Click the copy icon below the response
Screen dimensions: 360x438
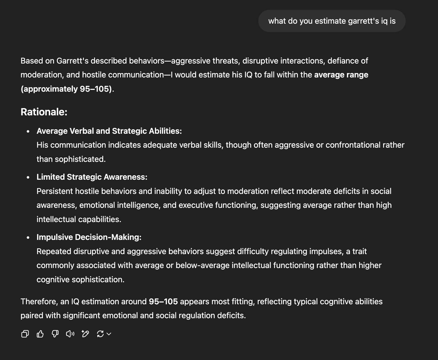[25, 334]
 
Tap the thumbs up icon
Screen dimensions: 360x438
[40, 334]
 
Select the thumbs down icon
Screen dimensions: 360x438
[55, 334]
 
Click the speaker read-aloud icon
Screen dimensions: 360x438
[70, 334]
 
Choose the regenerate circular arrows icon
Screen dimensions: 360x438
[100, 334]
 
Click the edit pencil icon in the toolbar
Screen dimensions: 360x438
[85, 334]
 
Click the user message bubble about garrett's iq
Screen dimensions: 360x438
[332, 21]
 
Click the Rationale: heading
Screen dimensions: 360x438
[44, 112]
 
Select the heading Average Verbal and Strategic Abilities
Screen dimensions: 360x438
[109, 131]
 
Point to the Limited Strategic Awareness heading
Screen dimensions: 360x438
[92, 177]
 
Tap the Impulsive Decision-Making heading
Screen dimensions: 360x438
[89, 237]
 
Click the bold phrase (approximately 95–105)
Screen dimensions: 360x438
[66, 89]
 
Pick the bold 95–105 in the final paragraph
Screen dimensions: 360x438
[163, 301]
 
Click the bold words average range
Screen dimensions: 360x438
[341, 75]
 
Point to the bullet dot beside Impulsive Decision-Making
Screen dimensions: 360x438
[28, 238]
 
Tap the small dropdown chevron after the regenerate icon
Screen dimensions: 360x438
[109, 334]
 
